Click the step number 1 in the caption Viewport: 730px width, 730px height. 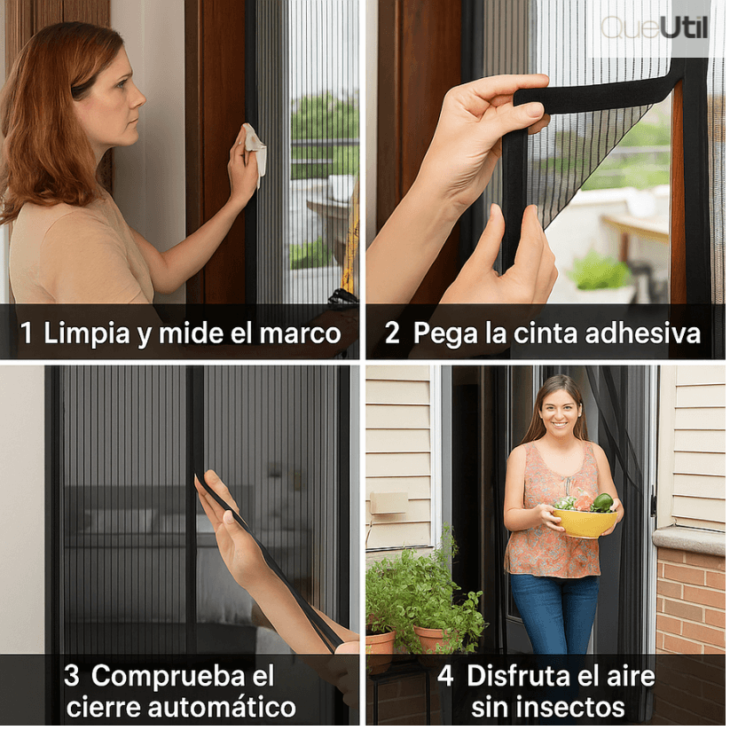[27, 334]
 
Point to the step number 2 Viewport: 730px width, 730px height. [391, 334]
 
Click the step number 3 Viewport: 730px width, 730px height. [72, 676]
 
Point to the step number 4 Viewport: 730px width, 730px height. [445, 676]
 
